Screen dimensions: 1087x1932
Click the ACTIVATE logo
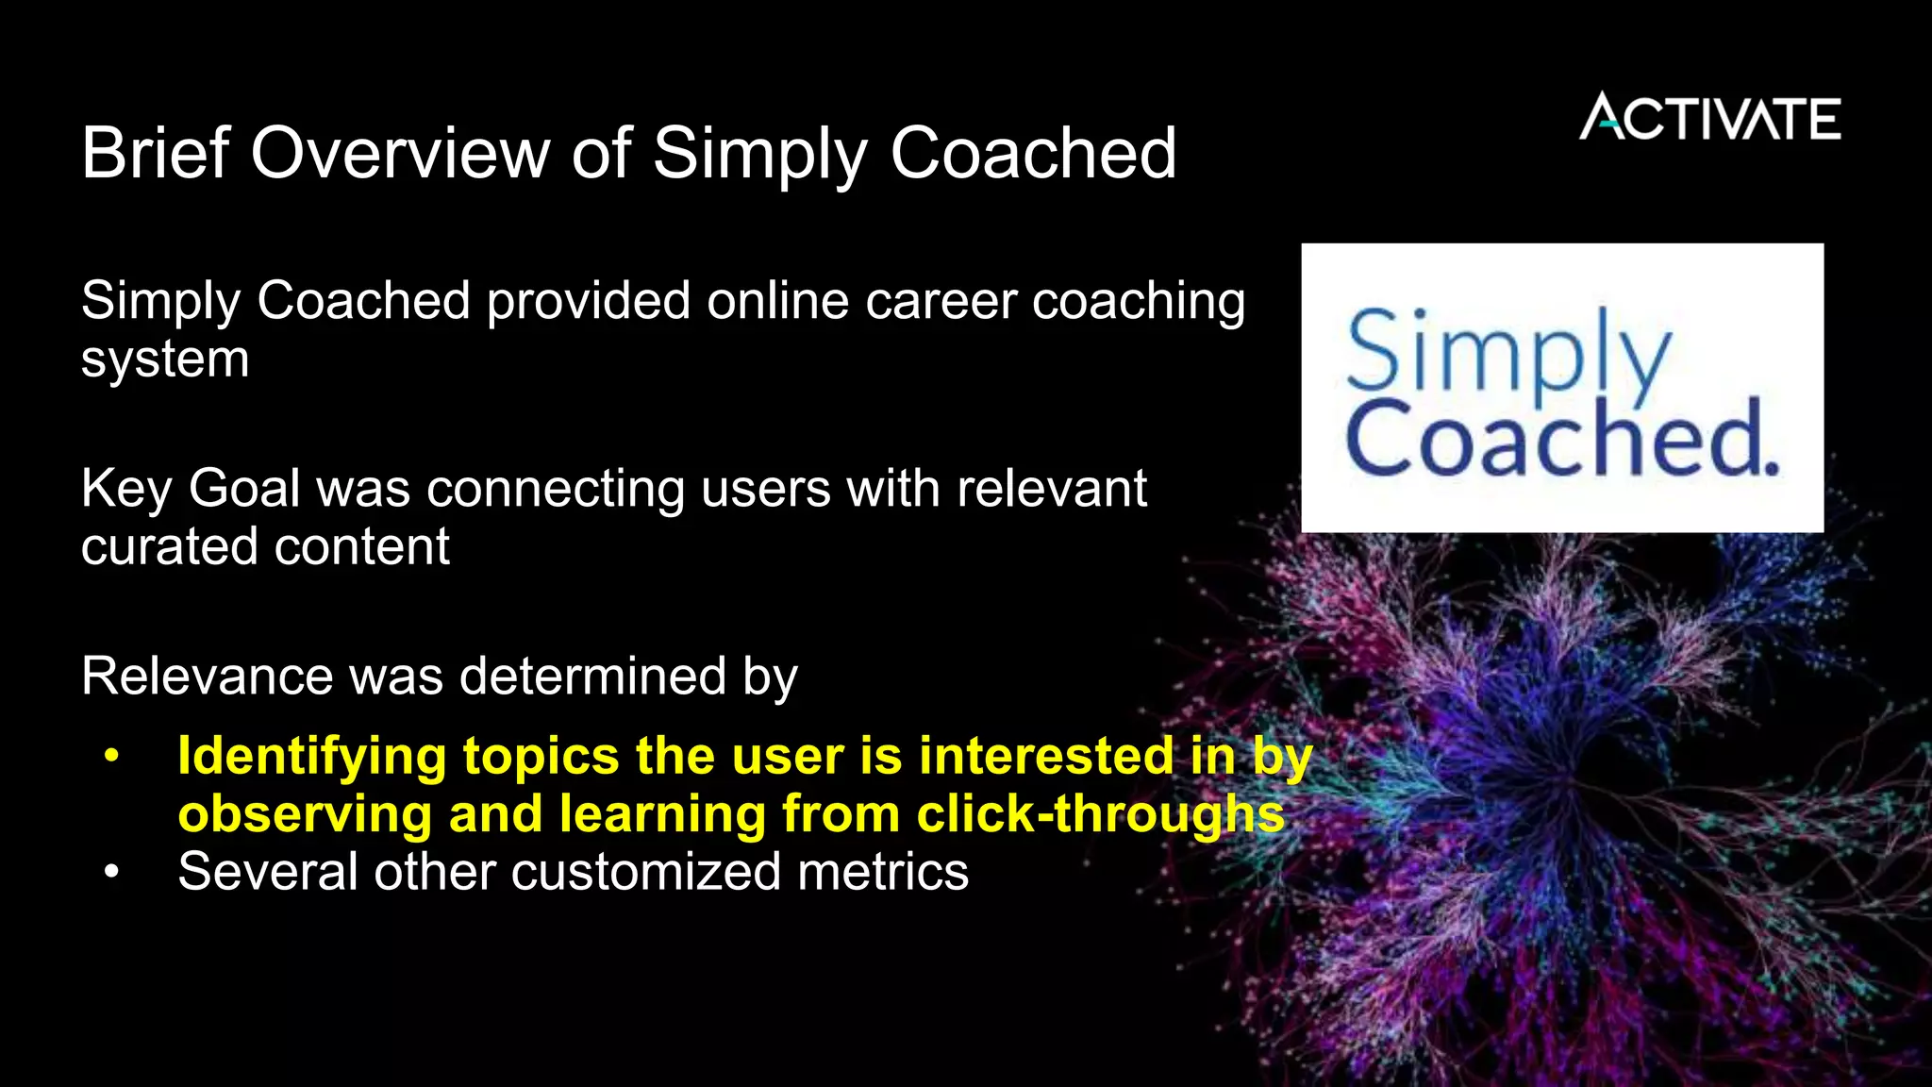(x=1709, y=118)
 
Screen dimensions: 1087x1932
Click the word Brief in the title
(x=156, y=153)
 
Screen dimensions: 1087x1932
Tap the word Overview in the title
(x=400, y=153)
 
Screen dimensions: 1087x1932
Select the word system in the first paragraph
(x=165, y=360)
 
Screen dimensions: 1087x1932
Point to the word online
(x=778, y=302)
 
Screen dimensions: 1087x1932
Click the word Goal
(x=244, y=490)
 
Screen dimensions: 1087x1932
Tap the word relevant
(x=1052, y=490)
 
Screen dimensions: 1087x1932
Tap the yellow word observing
(x=305, y=814)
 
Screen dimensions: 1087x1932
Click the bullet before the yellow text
(x=112, y=757)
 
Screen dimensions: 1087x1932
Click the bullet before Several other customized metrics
(x=112, y=872)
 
